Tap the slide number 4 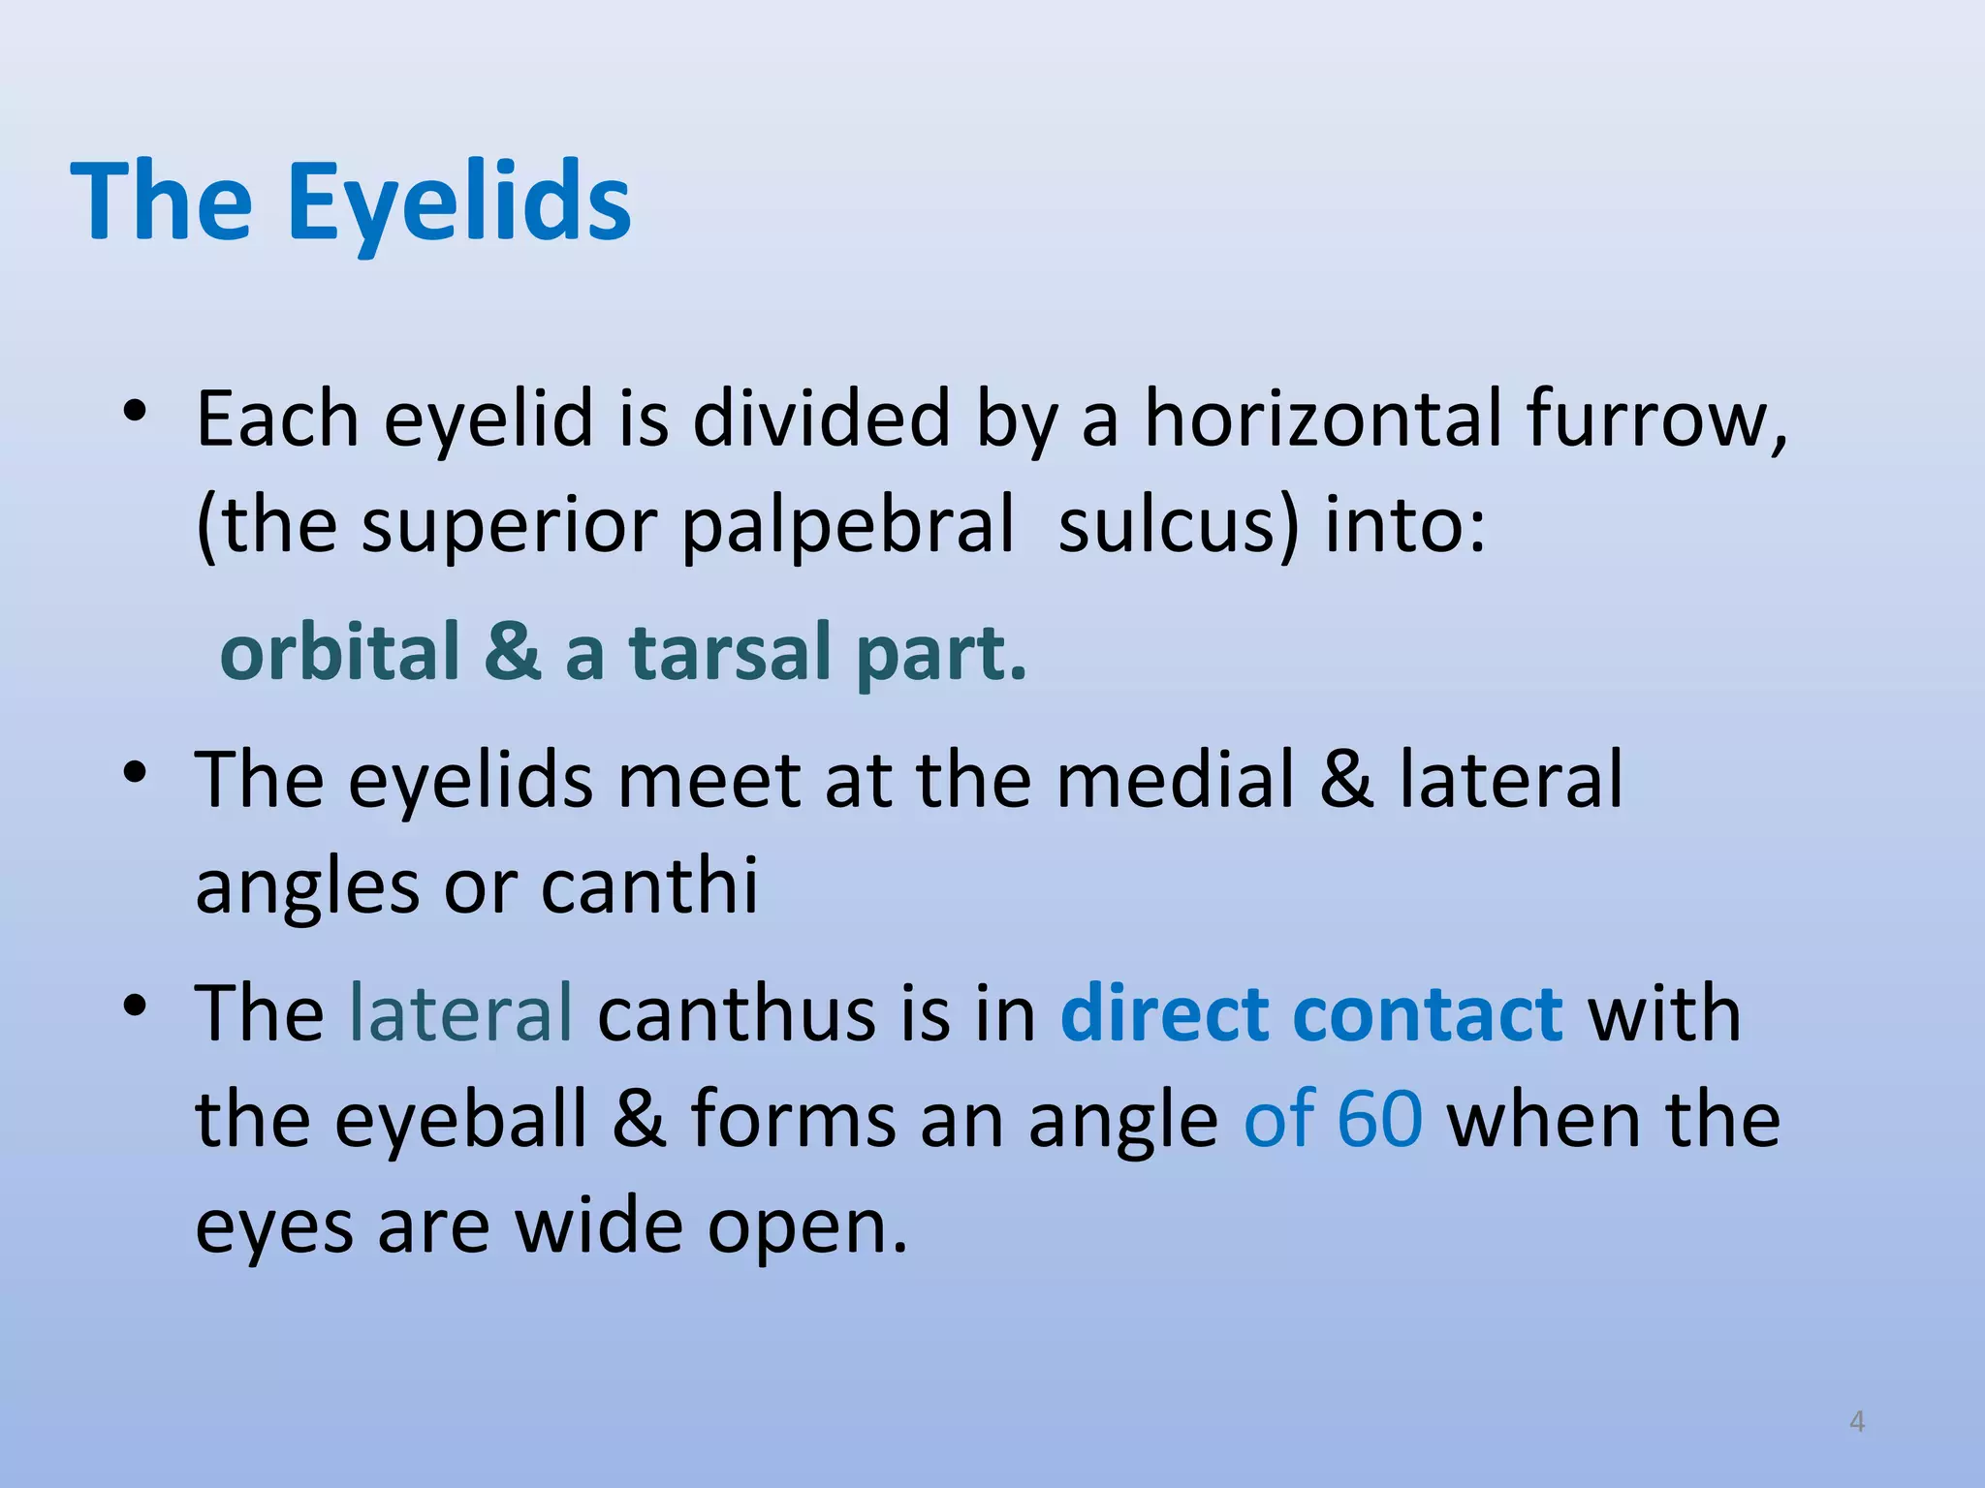click(1857, 1421)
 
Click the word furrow click(1655, 418)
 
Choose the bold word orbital click(339, 652)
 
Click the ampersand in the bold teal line click(513, 652)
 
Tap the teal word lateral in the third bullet click(460, 1013)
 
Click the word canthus click(736, 1013)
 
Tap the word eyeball click(461, 1120)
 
